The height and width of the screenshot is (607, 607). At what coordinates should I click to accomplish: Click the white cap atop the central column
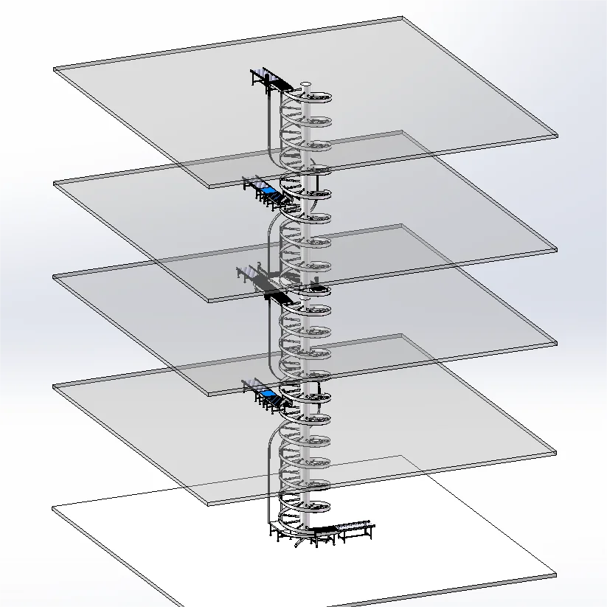pyautogui.click(x=307, y=83)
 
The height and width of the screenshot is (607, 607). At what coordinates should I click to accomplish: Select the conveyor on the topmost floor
pyautogui.click(x=267, y=78)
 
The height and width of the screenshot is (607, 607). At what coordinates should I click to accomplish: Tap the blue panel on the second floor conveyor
pyautogui.click(x=269, y=191)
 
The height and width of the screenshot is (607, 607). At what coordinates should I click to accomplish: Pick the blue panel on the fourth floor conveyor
pyautogui.click(x=269, y=396)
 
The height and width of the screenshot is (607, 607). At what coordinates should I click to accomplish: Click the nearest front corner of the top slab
pyautogui.click(x=209, y=186)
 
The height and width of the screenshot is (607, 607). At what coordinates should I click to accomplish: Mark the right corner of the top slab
pyautogui.click(x=556, y=135)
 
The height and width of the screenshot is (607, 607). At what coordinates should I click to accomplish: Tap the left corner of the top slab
pyautogui.click(x=55, y=70)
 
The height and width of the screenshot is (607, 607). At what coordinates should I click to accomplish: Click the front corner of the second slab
pyautogui.click(x=209, y=301)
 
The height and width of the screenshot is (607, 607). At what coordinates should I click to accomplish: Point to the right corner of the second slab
pyautogui.click(x=556, y=249)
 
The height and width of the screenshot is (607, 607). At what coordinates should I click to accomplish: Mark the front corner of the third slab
pyautogui.click(x=209, y=394)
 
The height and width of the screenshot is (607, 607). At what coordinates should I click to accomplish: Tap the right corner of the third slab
pyautogui.click(x=556, y=343)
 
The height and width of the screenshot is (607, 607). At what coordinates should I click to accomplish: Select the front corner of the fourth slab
pyautogui.click(x=209, y=504)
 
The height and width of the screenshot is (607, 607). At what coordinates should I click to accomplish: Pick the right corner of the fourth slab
pyautogui.click(x=556, y=452)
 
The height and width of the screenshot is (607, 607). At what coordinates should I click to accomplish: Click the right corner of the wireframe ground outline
pyautogui.click(x=556, y=575)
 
